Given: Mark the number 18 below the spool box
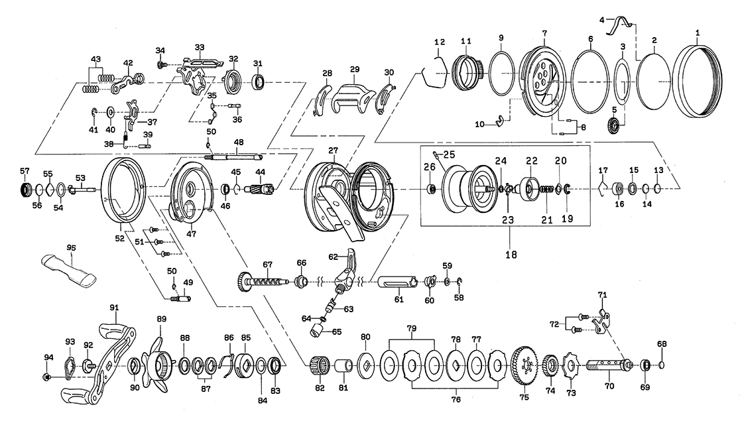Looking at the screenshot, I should click(x=510, y=253).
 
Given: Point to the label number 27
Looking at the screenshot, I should click(x=334, y=151).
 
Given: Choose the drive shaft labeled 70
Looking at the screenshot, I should click(x=607, y=364).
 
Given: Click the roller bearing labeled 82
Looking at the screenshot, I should click(x=320, y=366).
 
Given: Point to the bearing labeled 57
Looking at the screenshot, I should click(x=26, y=190).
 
